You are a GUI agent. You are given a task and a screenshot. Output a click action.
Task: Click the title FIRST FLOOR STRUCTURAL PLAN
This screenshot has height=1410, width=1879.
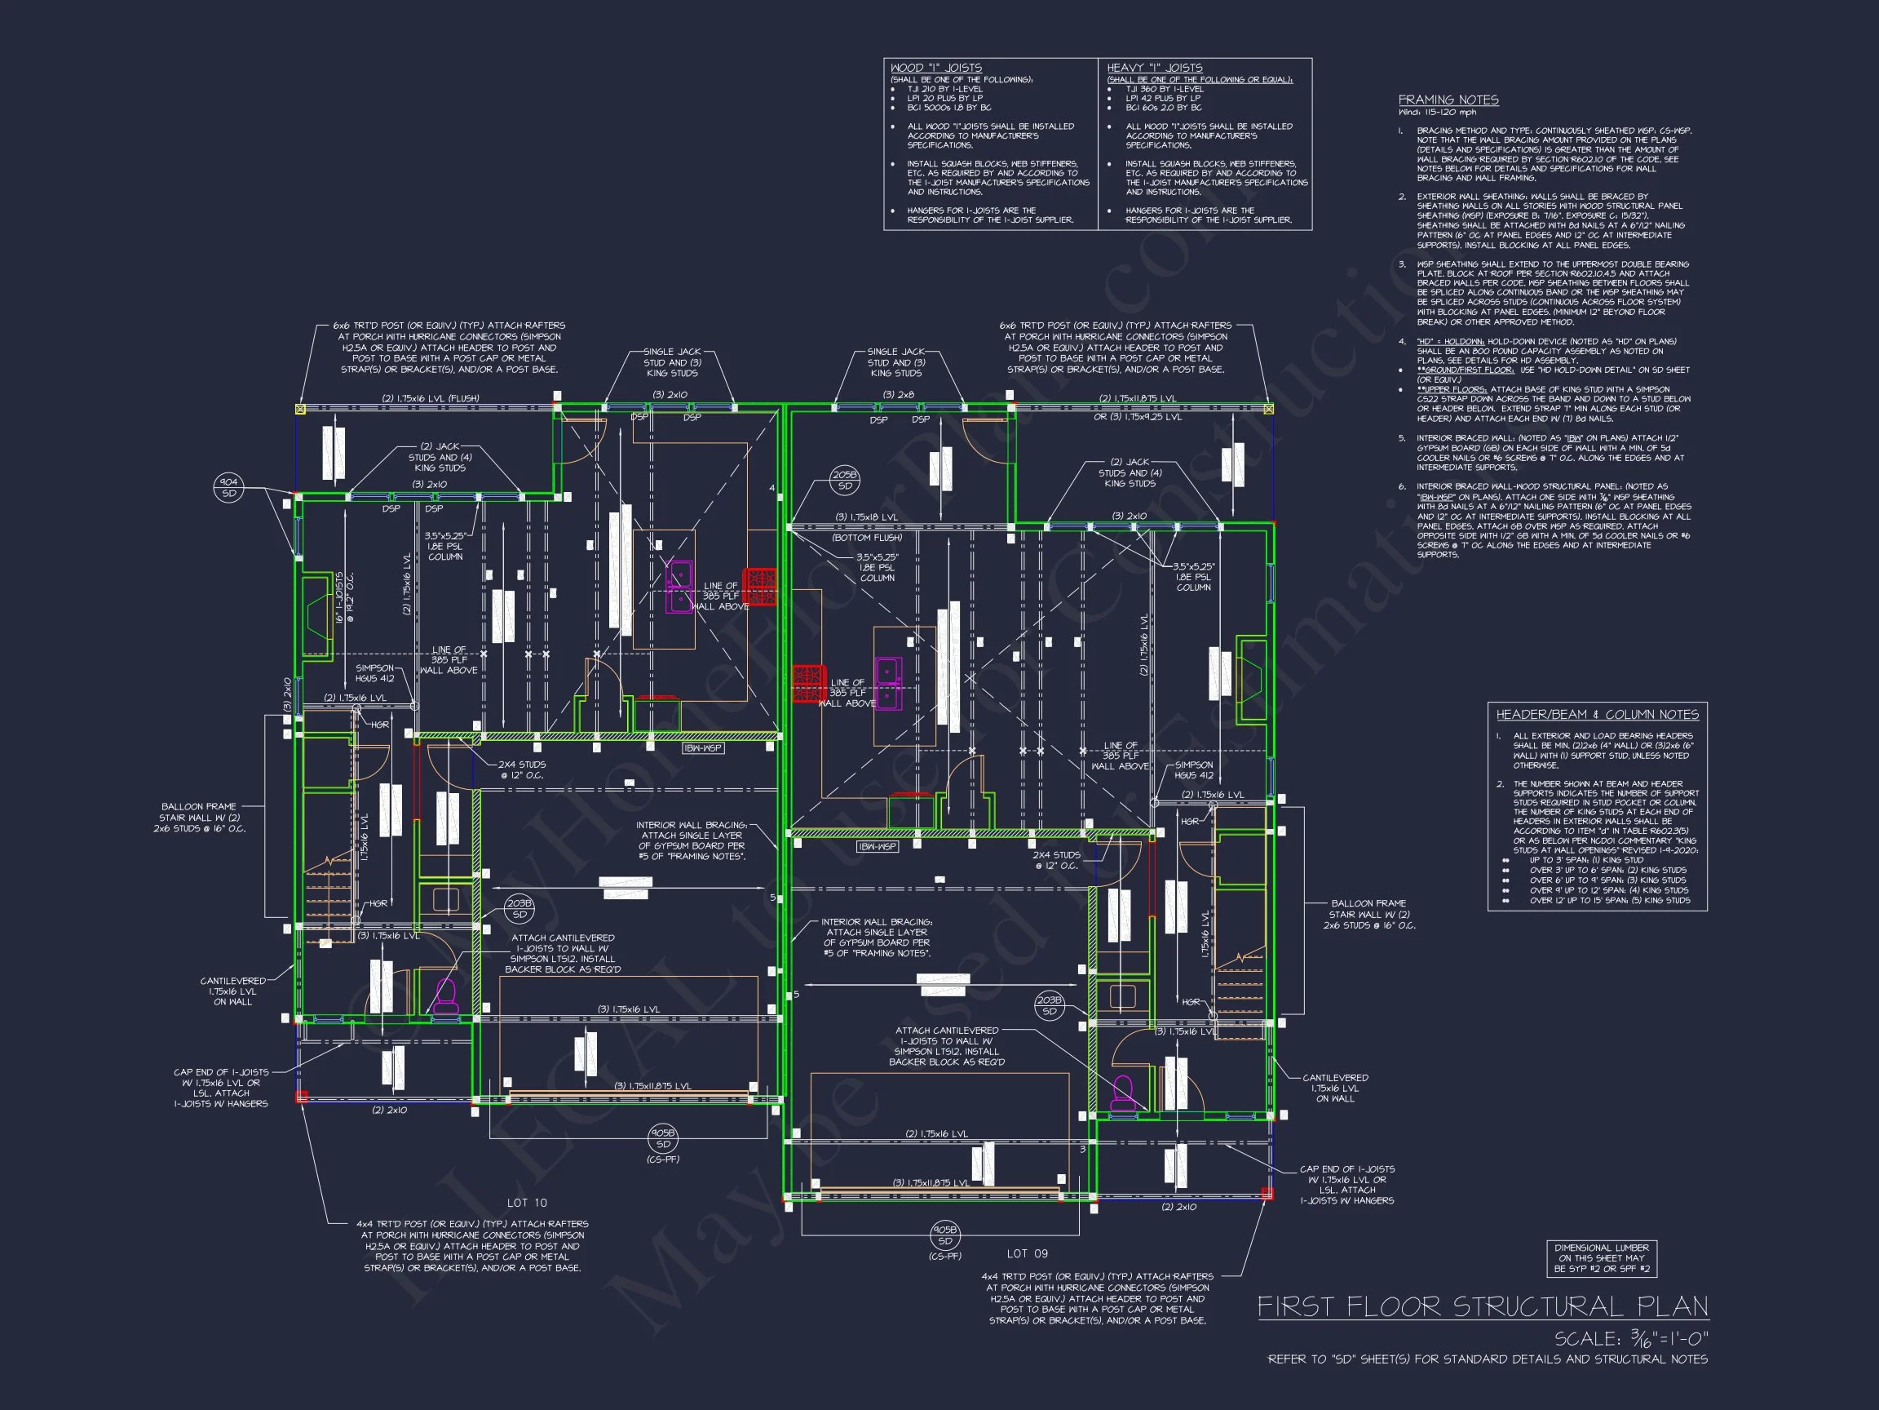click(1483, 1307)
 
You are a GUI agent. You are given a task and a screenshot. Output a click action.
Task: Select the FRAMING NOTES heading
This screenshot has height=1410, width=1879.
click(1448, 100)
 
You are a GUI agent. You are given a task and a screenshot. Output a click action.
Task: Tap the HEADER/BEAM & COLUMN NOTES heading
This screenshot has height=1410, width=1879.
click(1597, 715)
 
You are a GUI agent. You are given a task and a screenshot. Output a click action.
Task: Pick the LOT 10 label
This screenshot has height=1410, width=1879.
click(527, 1203)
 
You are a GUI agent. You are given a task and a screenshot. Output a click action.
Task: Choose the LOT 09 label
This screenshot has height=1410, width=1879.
click(1027, 1253)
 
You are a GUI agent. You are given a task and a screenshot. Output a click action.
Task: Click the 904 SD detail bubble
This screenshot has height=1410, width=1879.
click(228, 488)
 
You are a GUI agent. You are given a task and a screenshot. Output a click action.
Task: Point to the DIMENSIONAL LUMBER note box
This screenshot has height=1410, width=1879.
click(1601, 1259)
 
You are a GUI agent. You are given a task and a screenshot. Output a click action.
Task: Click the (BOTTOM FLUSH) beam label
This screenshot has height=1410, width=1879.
click(866, 537)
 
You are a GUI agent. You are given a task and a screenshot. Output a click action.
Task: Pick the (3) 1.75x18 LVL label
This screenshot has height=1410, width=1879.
click(865, 517)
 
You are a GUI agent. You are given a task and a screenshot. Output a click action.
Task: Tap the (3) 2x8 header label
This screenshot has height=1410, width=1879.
click(898, 394)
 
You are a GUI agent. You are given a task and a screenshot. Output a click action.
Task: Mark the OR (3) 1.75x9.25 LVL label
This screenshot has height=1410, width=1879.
click(1138, 417)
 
